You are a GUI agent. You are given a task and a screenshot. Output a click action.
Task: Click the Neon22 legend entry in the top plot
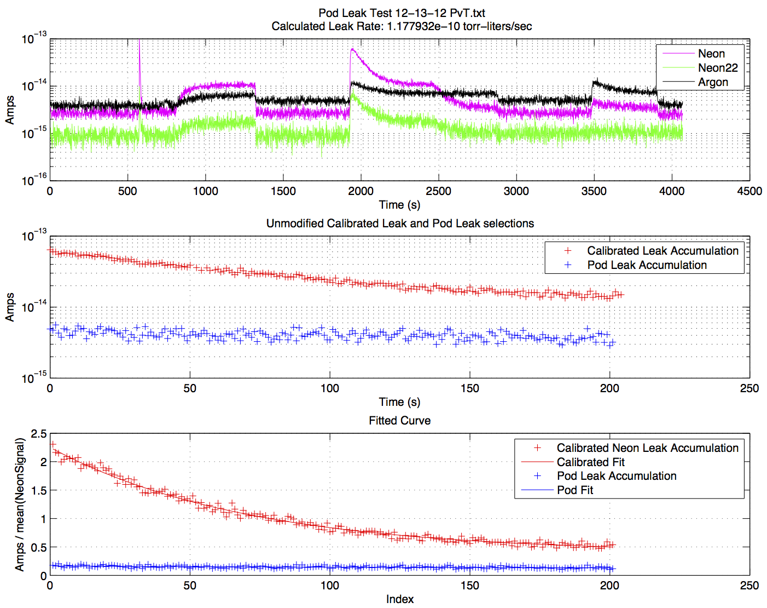(x=717, y=68)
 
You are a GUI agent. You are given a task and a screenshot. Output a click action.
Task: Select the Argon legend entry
(x=713, y=82)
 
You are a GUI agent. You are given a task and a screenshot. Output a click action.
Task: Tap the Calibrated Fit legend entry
(x=590, y=462)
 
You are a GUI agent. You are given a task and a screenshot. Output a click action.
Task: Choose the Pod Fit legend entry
(x=574, y=490)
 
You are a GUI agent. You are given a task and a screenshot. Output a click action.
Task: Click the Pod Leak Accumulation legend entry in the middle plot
(x=647, y=265)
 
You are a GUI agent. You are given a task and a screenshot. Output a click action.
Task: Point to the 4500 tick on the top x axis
(x=749, y=191)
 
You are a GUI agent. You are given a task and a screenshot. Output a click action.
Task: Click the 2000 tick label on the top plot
(x=361, y=191)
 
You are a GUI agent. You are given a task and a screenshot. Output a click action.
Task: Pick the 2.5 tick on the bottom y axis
(x=38, y=434)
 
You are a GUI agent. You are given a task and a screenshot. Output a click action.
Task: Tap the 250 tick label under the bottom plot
(x=749, y=586)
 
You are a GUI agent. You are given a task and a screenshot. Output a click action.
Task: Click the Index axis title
(x=399, y=599)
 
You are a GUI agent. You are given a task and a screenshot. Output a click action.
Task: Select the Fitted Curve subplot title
(x=399, y=421)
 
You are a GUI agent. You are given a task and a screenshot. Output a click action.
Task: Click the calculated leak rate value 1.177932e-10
(x=423, y=26)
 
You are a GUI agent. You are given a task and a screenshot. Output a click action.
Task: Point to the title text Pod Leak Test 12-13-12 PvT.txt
(x=402, y=13)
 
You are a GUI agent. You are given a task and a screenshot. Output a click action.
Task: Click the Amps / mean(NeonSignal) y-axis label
(x=20, y=504)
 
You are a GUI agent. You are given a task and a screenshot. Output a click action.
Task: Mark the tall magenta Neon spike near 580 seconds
(x=140, y=60)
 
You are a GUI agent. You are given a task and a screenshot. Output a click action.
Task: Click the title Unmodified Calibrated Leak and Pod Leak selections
(x=400, y=223)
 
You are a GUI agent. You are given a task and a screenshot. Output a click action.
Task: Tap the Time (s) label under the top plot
(x=399, y=205)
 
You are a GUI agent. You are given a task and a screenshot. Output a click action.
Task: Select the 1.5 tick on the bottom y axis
(x=38, y=490)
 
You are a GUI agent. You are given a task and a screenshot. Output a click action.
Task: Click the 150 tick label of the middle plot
(x=469, y=388)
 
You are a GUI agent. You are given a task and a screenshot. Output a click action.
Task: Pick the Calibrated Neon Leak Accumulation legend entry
(x=647, y=448)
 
